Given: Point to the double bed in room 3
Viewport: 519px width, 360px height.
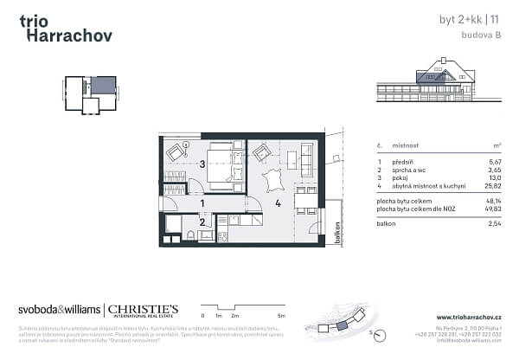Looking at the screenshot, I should click(x=221, y=164).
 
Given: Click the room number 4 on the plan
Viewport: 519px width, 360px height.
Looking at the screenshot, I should click(x=278, y=205).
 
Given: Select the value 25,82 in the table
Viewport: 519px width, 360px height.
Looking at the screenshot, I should click(x=491, y=187).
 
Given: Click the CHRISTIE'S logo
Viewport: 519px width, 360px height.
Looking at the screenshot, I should click(x=143, y=310).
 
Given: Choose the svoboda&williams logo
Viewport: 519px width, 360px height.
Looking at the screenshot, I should click(x=59, y=310).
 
